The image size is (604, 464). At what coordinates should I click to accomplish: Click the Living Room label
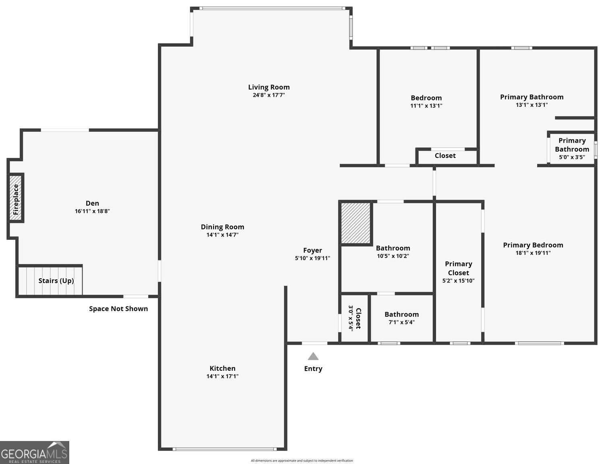269,87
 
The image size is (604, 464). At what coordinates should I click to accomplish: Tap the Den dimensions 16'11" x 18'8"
92,211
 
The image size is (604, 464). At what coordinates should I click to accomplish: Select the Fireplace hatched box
16,198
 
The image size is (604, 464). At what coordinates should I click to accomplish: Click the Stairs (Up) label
56,281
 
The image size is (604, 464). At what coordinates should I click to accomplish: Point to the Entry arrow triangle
313,356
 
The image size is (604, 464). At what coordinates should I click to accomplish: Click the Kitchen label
222,368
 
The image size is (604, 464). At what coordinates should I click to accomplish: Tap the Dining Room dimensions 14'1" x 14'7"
222,235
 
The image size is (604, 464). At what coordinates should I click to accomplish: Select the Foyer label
312,250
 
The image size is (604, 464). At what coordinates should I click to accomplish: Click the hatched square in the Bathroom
356,223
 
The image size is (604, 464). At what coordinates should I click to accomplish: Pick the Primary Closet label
458,268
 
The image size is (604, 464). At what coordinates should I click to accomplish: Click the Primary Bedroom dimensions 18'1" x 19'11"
533,253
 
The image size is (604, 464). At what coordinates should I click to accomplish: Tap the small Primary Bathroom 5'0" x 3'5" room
572,149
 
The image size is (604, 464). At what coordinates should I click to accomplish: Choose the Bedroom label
426,98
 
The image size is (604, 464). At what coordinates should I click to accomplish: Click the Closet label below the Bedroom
445,156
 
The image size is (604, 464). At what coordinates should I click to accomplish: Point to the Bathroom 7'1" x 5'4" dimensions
401,322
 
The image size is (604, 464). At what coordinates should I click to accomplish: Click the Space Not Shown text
118,309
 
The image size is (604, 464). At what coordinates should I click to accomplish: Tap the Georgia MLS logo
35,452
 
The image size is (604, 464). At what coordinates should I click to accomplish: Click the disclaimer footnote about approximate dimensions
302,461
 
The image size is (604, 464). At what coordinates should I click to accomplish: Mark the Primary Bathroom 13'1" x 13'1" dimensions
532,105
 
